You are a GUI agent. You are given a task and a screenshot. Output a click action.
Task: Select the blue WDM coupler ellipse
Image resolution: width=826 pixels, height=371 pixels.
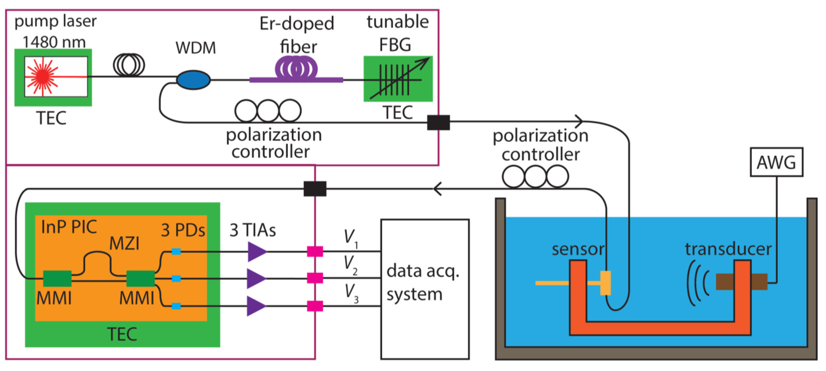(x=193, y=80)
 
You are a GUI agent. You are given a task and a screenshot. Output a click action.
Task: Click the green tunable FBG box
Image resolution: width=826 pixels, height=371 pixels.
(x=398, y=79)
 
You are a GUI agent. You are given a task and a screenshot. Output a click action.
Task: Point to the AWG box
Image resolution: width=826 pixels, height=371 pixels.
(x=776, y=162)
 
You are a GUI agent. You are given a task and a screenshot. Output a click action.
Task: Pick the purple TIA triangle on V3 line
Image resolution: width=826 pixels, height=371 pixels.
(x=256, y=306)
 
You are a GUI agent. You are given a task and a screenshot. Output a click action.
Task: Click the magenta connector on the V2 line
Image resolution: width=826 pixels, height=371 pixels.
(x=315, y=278)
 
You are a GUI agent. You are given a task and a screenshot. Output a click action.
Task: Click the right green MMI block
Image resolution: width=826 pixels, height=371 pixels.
(x=140, y=278)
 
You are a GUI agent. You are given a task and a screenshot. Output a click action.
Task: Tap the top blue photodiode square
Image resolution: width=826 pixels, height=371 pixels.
(x=176, y=251)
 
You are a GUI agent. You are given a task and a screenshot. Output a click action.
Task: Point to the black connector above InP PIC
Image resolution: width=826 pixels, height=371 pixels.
(x=315, y=189)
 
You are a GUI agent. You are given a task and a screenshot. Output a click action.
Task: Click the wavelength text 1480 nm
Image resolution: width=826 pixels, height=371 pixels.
(x=54, y=42)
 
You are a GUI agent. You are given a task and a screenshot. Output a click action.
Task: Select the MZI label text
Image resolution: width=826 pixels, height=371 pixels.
(x=124, y=243)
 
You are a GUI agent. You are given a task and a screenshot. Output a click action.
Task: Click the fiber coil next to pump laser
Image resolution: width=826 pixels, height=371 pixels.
(x=129, y=65)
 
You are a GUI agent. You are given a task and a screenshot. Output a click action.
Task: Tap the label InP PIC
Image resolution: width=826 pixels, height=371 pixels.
(x=69, y=227)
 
